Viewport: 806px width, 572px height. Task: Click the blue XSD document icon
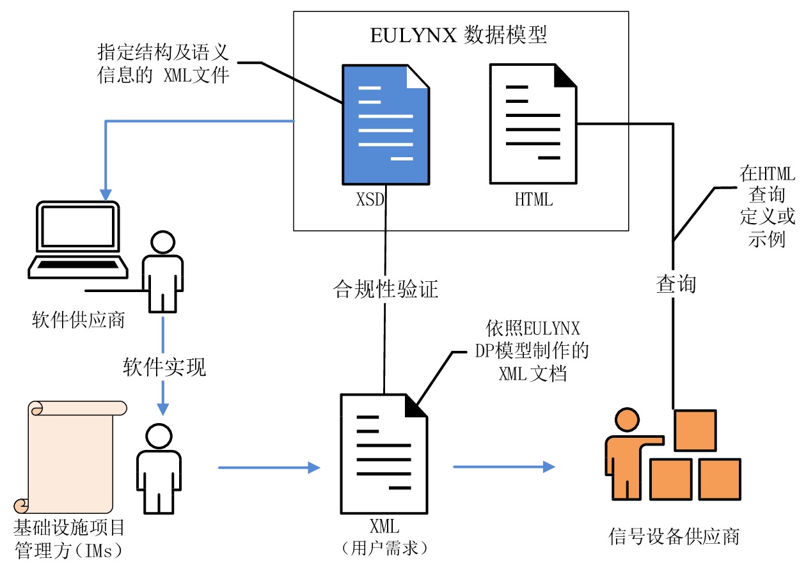386,124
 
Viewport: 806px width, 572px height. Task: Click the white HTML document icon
533,124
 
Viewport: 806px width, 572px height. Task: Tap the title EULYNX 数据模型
459,35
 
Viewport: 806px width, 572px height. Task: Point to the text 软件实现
164,367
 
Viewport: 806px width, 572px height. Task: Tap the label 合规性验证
386,289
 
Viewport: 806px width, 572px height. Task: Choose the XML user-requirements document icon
384,454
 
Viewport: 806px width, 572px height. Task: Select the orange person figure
626,454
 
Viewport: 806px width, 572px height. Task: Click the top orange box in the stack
695,430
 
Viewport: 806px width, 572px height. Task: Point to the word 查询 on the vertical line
676,284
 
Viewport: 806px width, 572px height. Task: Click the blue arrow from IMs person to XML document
269,468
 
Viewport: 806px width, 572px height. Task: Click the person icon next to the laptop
162,272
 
